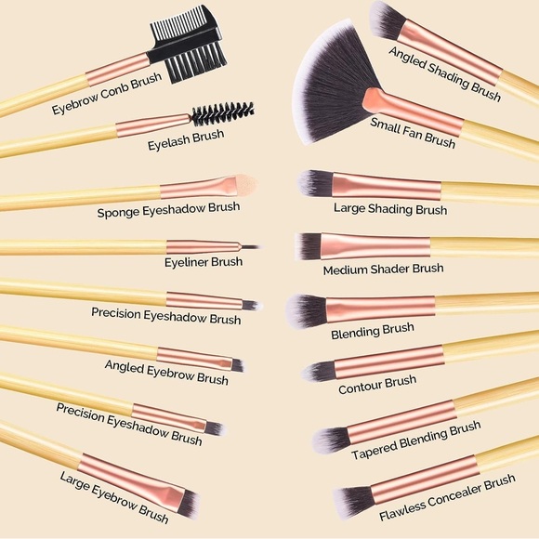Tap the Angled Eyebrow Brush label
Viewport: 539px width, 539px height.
[166, 372]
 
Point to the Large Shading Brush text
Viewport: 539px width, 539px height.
[390, 209]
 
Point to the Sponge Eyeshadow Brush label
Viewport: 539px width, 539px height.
[168, 210]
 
